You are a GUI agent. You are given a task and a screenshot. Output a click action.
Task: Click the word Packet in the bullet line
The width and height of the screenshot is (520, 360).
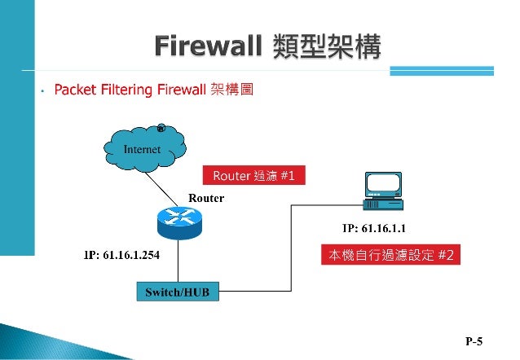coord(74,90)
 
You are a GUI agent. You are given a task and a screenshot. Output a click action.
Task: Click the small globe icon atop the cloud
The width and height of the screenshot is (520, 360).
coord(161,128)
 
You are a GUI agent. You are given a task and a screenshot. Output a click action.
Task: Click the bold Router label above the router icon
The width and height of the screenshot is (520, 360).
coord(205,198)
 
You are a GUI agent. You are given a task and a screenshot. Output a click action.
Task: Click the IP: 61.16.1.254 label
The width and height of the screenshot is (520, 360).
coord(122,255)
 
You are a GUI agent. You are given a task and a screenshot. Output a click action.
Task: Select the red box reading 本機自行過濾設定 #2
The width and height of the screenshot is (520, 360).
coord(390,255)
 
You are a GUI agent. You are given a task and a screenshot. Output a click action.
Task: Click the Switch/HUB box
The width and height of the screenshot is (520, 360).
coord(178,291)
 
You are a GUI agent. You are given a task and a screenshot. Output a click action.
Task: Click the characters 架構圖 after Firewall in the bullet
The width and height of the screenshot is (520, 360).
coord(231,90)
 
